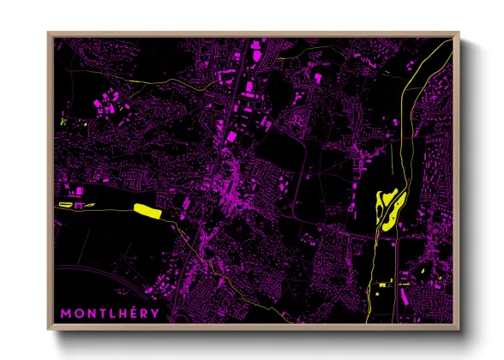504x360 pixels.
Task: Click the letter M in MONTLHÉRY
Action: click(x=65, y=313)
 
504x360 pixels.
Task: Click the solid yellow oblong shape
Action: click(x=147, y=208)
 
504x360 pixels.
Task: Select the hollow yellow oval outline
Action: click(x=67, y=206)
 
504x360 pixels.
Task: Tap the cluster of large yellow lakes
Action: click(x=387, y=206)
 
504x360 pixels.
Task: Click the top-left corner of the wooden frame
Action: click(x=48, y=33)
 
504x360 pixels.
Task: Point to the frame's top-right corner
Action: click(x=459, y=33)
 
